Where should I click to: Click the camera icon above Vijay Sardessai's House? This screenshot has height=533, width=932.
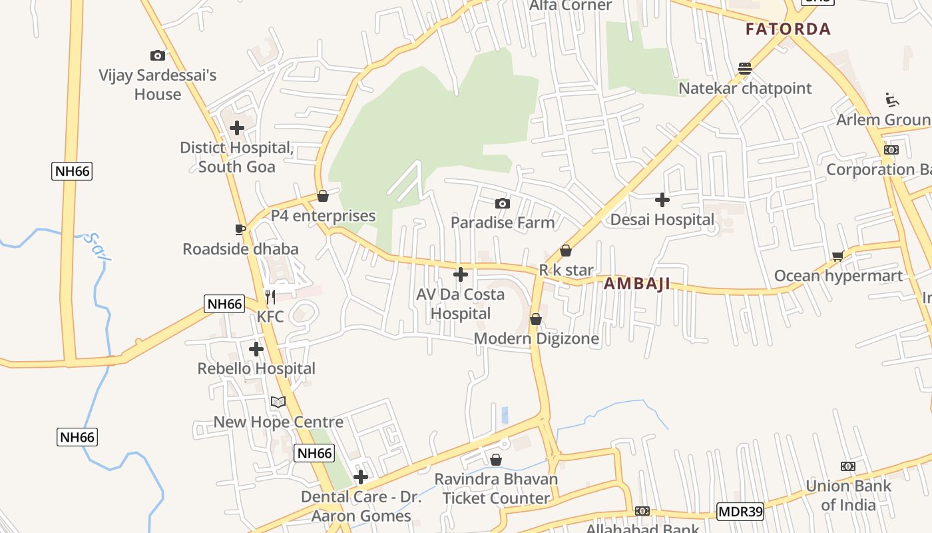click(x=158, y=55)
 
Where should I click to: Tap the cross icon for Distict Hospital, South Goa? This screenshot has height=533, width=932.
click(x=237, y=127)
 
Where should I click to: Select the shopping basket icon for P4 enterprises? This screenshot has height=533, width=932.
click(x=323, y=196)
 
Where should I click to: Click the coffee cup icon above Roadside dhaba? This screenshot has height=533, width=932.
click(x=240, y=229)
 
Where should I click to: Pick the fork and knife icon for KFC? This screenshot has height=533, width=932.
click(x=270, y=296)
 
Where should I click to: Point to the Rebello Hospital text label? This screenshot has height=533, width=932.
click(x=256, y=368)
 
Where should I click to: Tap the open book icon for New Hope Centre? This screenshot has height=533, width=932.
click(x=278, y=402)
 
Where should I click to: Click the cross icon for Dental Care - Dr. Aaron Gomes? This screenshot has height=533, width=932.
click(x=361, y=477)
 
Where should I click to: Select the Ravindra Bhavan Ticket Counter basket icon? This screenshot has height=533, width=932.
click(x=496, y=460)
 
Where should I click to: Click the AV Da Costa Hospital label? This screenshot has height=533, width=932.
click(x=461, y=304)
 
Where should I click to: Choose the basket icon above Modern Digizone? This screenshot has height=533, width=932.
click(x=536, y=319)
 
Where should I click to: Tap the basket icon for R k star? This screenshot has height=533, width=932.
click(x=566, y=251)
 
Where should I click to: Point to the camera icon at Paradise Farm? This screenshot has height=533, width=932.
click(x=503, y=203)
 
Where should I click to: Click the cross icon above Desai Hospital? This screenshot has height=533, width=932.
click(x=662, y=199)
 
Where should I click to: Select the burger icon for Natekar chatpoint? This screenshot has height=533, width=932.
click(x=745, y=68)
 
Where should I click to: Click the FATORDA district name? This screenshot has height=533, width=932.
click(x=788, y=29)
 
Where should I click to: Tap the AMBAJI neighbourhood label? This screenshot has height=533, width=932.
click(x=636, y=284)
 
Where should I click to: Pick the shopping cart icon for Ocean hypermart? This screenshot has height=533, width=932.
click(x=838, y=256)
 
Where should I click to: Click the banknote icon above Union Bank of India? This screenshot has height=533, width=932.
click(x=848, y=466)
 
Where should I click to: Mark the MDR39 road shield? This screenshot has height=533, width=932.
click(x=740, y=512)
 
